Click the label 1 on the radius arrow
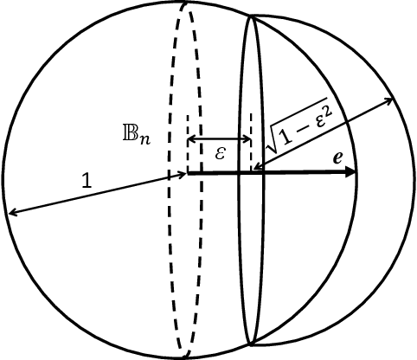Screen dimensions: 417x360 point(86,181)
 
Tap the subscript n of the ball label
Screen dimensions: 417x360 point(148,138)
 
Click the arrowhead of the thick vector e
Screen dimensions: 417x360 point(350,173)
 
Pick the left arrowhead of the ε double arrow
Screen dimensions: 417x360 point(193,138)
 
